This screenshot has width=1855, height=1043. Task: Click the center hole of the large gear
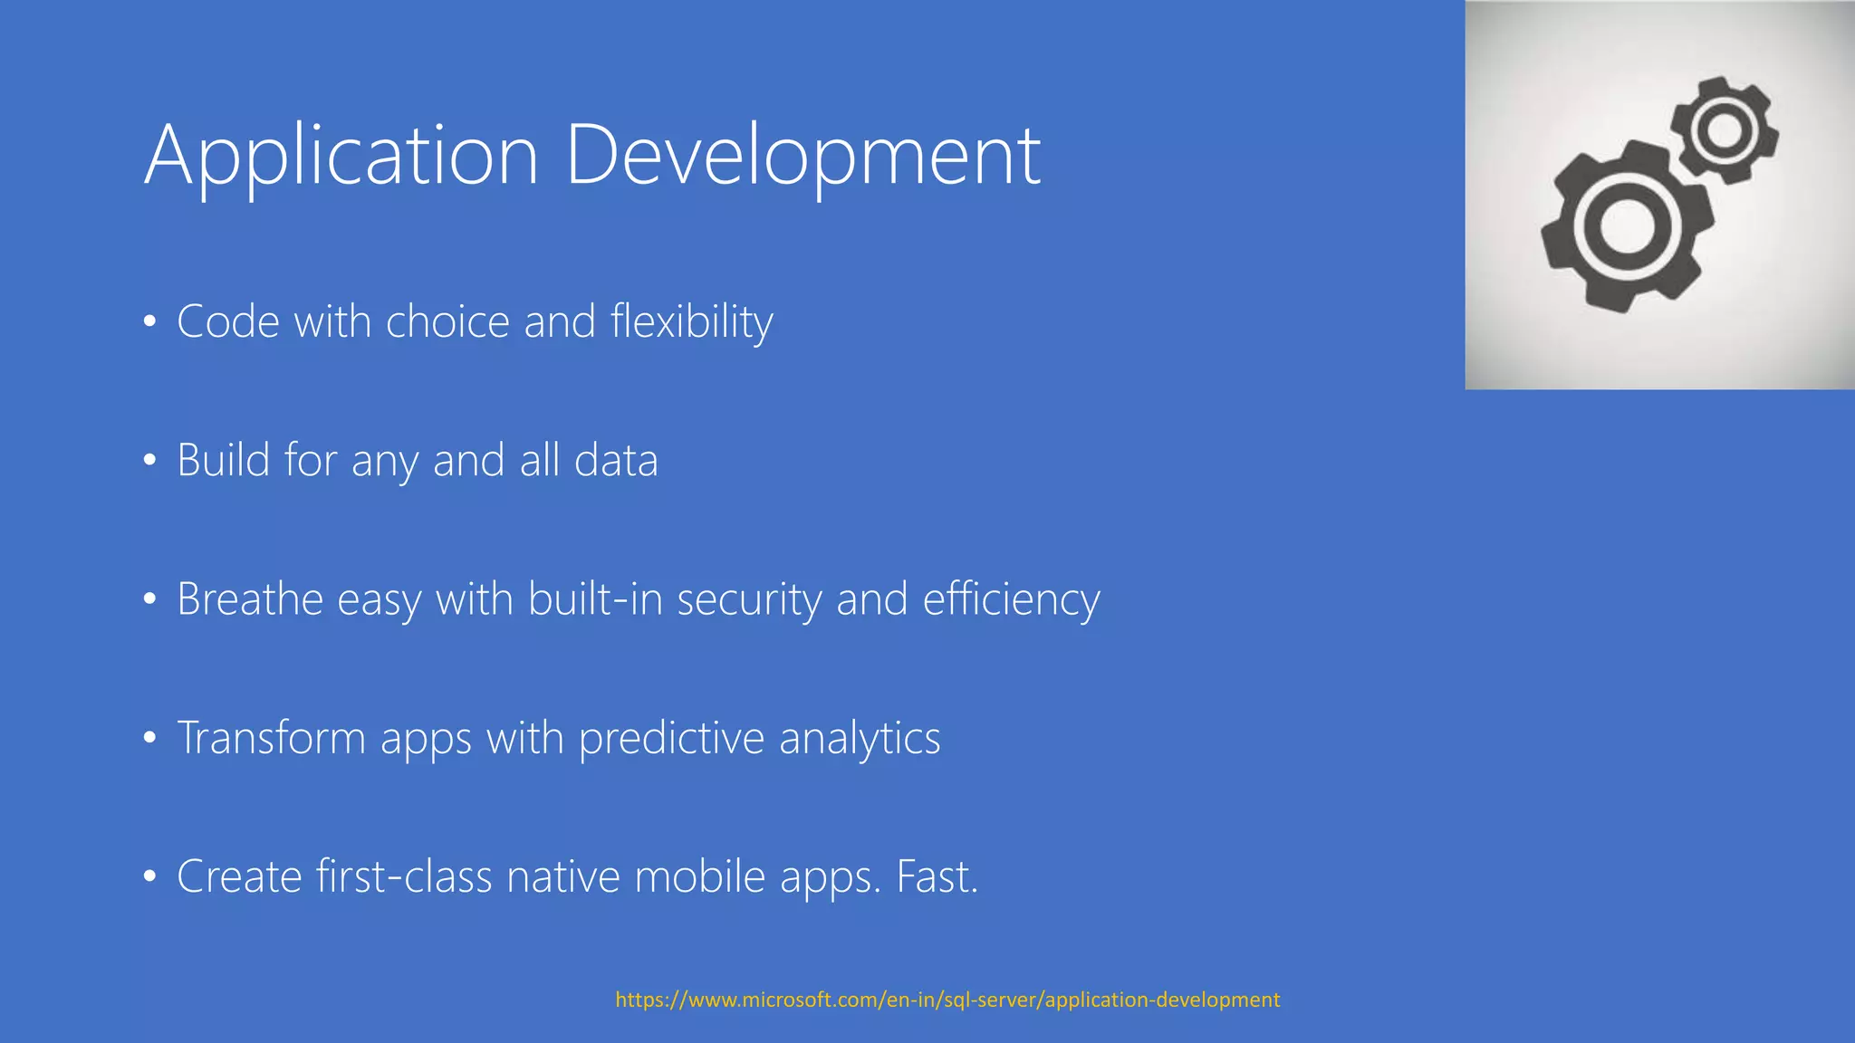pyautogui.click(x=1628, y=226)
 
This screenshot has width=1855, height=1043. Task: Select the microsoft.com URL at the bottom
pyautogui.click(x=947, y=1000)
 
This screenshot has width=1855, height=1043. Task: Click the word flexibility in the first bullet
pyautogui.click(x=691, y=322)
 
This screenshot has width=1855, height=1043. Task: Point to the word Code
pyautogui.click(x=228, y=322)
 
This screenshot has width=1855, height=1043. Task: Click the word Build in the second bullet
pyautogui.click(x=223, y=460)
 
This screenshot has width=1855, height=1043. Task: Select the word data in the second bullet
pyautogui.click(x=616, y=460)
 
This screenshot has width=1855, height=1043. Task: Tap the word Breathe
pyautogui.click(x=250, y=599)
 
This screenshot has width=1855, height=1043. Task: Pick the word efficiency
pyautogui.click(x=1011, y=599)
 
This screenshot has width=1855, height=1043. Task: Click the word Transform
pyautogui.click(x=271, y=738)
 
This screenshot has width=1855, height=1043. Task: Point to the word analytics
pyautogui.click(x=860, y=738)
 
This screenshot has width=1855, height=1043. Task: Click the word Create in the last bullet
pyautogui.click(x=239, y=876)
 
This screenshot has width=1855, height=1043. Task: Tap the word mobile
pyautogui.click(x=700, y=876)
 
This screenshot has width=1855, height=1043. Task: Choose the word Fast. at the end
pyautogui.click(x=937, y=876)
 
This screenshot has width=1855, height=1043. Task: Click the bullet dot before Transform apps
pyautogui.click(x=150, y=738)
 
